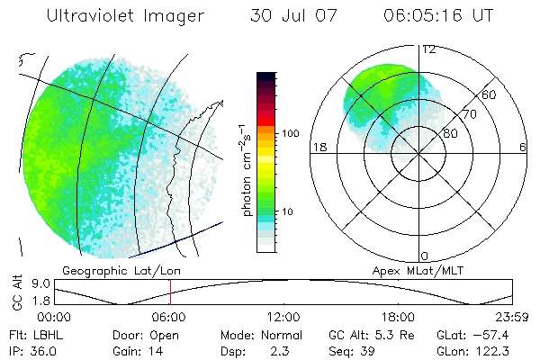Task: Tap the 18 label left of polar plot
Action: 318,147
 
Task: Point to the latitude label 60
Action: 489,94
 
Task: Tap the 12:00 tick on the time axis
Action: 283,317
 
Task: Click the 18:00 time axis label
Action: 398,317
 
